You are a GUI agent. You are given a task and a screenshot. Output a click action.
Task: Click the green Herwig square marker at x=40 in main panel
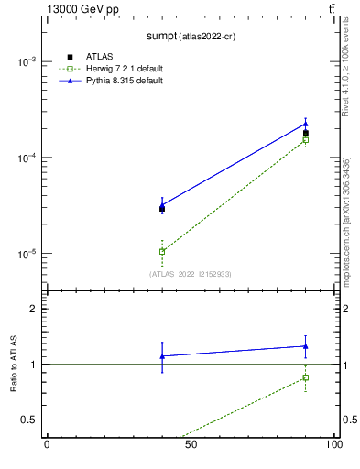162,251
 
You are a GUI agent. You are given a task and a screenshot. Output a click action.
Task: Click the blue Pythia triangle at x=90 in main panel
306,124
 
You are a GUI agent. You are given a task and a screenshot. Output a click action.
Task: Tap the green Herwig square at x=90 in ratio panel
306,377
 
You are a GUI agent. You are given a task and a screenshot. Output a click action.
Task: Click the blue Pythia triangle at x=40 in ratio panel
162,356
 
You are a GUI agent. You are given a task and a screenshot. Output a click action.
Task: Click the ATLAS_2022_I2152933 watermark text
191,273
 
